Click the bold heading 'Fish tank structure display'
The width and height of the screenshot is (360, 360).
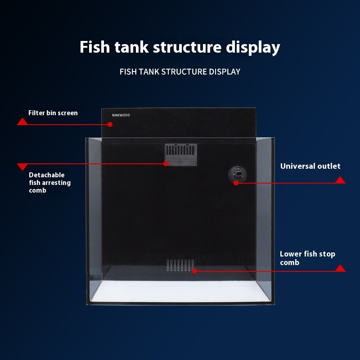click(180, 47)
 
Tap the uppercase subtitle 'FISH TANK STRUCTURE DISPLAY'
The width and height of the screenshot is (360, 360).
click(180, 72)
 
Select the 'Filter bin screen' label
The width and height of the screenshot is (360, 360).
click(53, 113)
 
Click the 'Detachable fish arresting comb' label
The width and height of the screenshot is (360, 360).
click(49, 182)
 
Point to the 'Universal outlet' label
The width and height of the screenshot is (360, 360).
click(310, 166)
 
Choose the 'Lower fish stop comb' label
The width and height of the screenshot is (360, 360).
click(307, 258)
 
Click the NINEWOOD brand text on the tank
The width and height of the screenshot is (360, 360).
click(121, 115)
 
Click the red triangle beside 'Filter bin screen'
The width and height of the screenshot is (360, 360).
click(22, 121)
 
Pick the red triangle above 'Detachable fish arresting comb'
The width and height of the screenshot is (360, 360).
click(22, 167)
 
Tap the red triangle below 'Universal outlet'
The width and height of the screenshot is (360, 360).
click(341, 180)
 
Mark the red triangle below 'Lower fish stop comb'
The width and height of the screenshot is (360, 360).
click(341, 268)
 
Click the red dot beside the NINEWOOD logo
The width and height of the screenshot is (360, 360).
click(110, 124)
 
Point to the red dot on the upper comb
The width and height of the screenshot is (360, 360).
click(166, 163)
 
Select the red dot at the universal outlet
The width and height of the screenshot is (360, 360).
click(236, 183)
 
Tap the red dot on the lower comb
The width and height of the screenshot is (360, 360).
click(194, 271)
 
